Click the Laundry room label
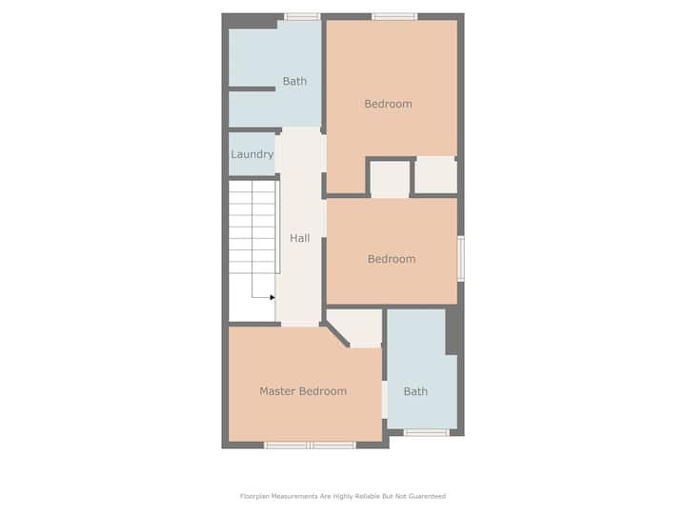[x=252, y=154]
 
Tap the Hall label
[x=300, y=238]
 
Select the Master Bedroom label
[x=303, y=391]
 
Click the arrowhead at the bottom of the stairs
[x=272, y=298]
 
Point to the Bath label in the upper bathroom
[x=294, y=81]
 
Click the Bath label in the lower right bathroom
[x=415, y=391]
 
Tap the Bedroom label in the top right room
[x=388, y=104]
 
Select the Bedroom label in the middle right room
[x=392, y=259]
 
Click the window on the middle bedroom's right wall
[x=461, y=259]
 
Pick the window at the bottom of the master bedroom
[x=311, y=445]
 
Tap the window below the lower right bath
[x=426, y=433]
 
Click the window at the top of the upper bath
[x=302, y=16]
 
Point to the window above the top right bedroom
[x=394, y=16]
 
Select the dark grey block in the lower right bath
[x=452, y=332]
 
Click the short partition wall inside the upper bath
[x=252, y=89]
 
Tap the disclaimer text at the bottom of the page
[x=343, y=496]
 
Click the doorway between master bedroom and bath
[x=385, y=400]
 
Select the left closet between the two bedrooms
[x=390, y=179]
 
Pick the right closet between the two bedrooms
[x=435, y=175]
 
